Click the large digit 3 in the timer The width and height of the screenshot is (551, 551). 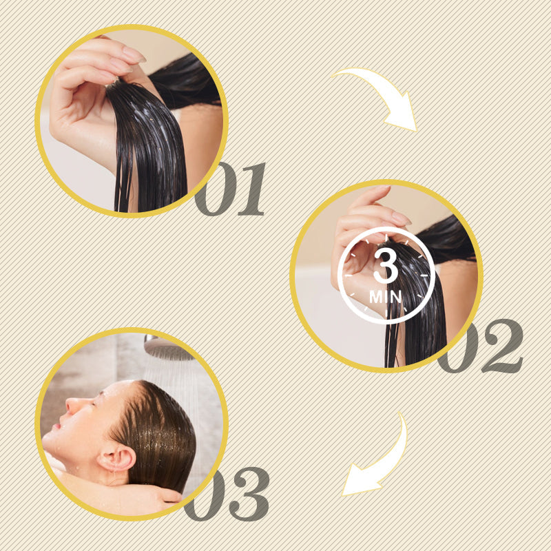(x=386, y=266)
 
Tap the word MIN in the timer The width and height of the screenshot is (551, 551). (x=385, y=297)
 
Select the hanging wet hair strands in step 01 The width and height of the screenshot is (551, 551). (x=149, y=147)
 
